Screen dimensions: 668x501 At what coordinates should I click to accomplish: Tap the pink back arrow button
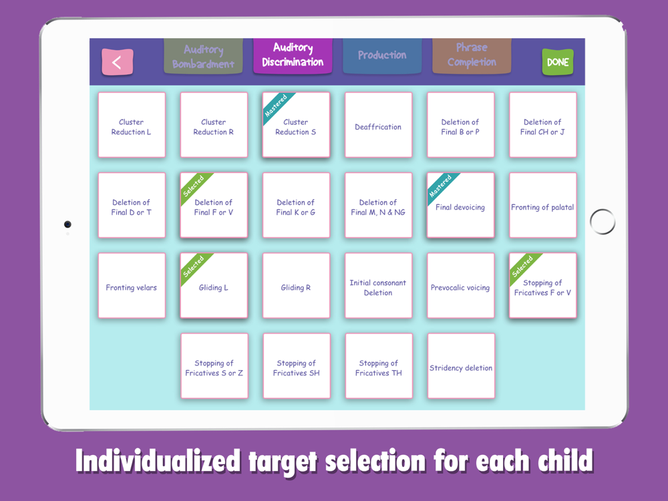tap(117, 61)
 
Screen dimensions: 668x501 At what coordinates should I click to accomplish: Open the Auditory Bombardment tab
tap(203, 56)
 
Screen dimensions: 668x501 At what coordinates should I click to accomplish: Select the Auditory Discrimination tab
tap(293, 56)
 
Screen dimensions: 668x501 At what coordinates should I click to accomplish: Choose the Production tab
tap(382, 56)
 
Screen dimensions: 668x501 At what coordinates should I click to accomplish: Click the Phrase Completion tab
tap(472, 56)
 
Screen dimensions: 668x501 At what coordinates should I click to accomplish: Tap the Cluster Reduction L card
tap(132, 125)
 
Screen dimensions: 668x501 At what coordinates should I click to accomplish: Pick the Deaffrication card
tap(378, 125)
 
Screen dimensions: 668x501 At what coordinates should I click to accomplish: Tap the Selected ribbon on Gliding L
tap(194, 267)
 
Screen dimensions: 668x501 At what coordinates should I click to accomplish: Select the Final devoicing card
tap(460, 205)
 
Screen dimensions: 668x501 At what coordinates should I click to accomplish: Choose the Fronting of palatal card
tap(542, 205)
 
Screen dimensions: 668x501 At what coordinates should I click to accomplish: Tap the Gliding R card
tap(296, 285)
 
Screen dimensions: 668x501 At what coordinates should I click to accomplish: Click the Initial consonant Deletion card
tap(378, 285)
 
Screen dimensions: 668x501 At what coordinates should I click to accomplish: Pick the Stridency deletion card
tap(461, 366)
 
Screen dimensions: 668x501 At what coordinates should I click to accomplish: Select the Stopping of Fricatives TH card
tap(379, 366)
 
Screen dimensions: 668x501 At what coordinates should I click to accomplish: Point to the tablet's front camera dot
tap(67, 224)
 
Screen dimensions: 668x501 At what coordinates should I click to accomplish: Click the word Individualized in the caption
tap(158, 462)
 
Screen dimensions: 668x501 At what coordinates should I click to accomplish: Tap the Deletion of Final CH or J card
tap(542, 125)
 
